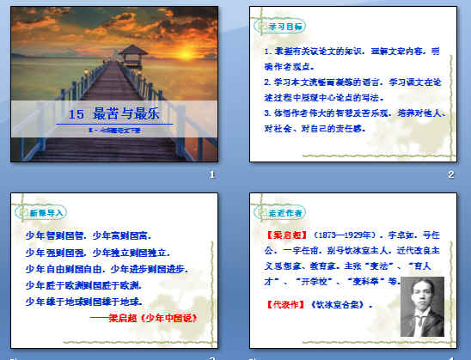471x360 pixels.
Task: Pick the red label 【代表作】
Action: [279, 303]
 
